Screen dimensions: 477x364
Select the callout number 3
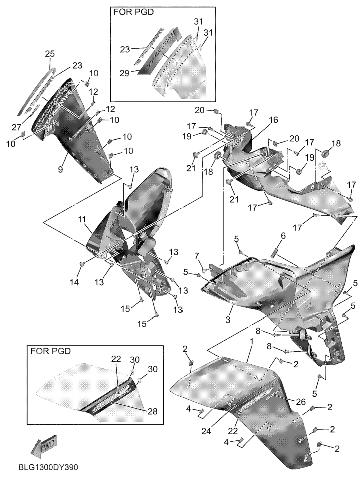pyautogui.click(x=228, y=320)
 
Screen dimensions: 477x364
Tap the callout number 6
pyautogui.click(x=283, y=235)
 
